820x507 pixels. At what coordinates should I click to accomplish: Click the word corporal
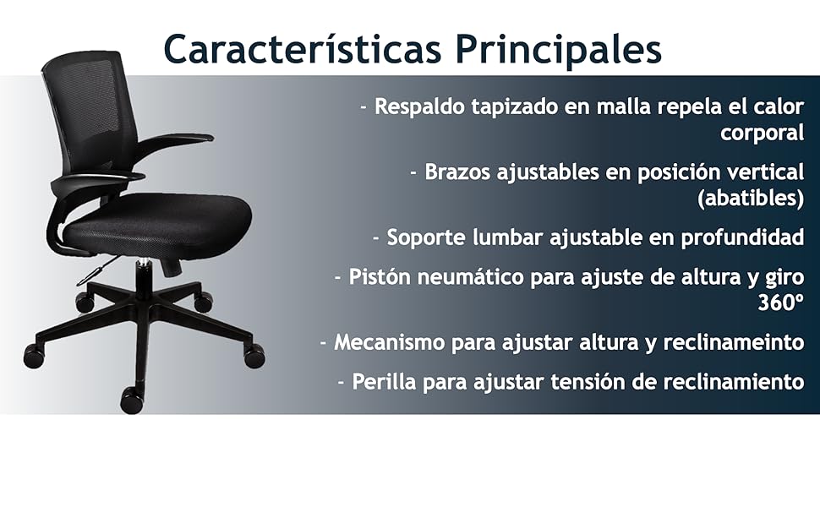[x=762, y=133]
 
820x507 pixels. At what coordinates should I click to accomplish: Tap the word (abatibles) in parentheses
[x=751, y=199]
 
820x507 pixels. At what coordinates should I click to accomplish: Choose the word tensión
[x=591, y=381]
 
